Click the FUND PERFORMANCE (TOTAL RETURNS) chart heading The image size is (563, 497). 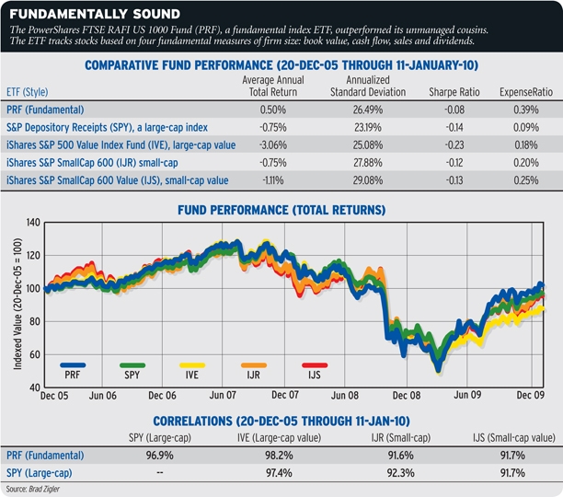pos(281,211)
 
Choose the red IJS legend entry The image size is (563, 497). pos(315,371)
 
